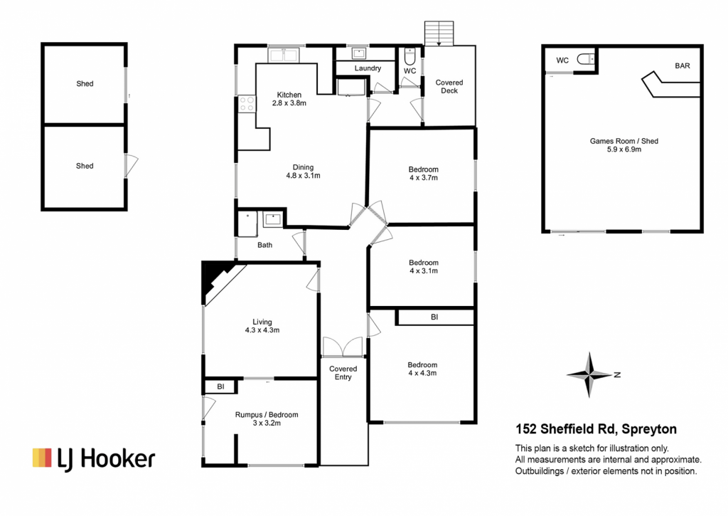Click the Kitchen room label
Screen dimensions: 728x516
(289, 95)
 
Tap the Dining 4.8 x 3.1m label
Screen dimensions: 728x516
(303, 172)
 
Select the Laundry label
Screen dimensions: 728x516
(368, 68)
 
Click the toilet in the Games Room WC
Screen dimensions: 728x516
(586, 60)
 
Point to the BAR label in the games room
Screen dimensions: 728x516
(682, 66)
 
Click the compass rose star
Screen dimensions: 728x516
(589, 374)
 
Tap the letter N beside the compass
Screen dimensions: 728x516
(617, 374)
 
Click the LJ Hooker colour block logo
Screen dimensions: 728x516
(42, 458)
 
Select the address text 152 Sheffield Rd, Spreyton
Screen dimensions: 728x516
(596, 429)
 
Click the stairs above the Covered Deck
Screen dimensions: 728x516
(439, 33)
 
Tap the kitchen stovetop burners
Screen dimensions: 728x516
(247, 104)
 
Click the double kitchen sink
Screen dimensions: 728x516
(284, 55)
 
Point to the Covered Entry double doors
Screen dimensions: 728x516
(343, 347)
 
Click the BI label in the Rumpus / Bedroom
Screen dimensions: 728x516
(220, 386)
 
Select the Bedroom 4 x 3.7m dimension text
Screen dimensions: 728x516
(424, 178)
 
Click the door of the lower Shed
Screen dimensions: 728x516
(132, 166)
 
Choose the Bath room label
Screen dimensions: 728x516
(265, 245)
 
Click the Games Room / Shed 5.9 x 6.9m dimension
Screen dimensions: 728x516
(624, 149)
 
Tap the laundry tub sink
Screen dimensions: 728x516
(359, 54)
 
